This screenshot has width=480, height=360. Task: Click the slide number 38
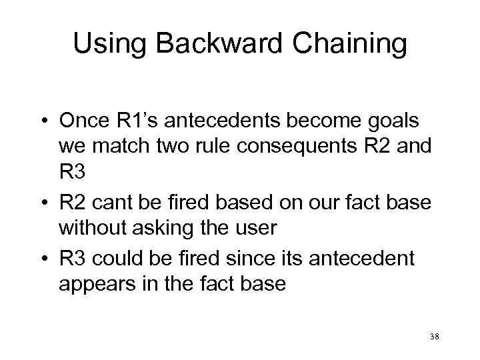pos(433,337)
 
